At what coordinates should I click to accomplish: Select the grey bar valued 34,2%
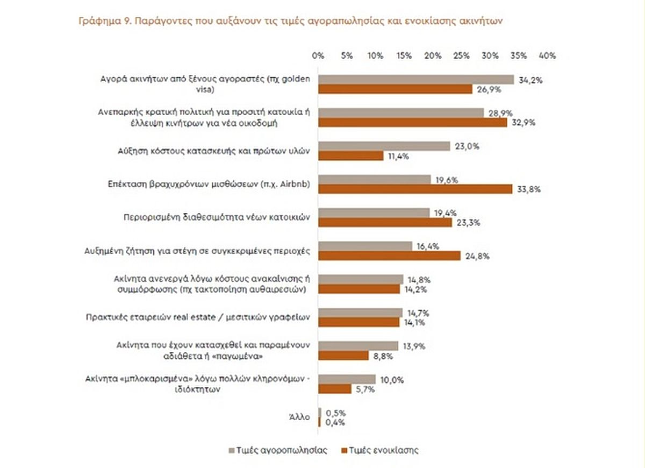[x=417, y=80]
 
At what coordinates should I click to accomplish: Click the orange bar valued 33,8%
[x=415, y=189]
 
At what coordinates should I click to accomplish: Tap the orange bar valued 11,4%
[x=351, y=156]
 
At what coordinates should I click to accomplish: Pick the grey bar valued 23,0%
[x=384, y=146]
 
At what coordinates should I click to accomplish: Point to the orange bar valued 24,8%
[x=390, y=256]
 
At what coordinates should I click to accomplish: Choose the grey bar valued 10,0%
[x=347, y=379]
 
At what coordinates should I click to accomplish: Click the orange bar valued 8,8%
[x=343, y=356]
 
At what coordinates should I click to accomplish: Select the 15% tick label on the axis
[x=404, y=55]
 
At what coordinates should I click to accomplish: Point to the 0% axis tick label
[x=318, y=55]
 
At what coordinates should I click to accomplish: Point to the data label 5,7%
[x=364, y=389]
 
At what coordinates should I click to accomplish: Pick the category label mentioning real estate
[x=198, y=317]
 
